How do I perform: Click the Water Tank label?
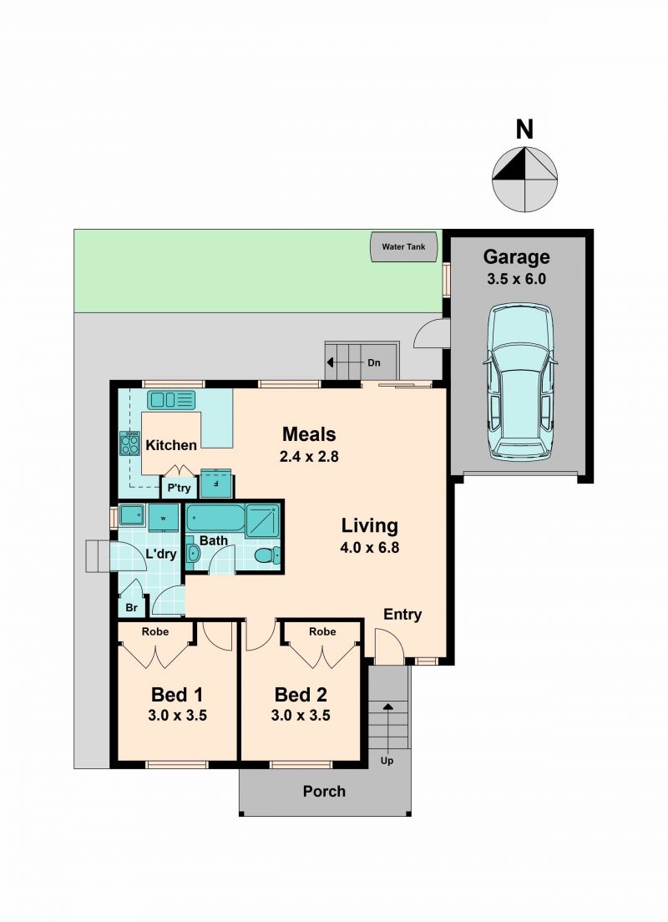pyautogui.click(x=403, y=247)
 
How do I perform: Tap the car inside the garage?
pyautogui.click(x=520, y=382)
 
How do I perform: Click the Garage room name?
pyautogui.click(x=516, y=257)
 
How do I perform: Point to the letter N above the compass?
pyautogui.click(x=524, y=129)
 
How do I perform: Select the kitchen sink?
pyautogui.click(x=170, y=400)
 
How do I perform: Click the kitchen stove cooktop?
pyautogui.click(x=129, y=443)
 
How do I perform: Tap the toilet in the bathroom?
pyautogui.click(x=268, y=555)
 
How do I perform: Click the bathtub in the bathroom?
pyautogui.click(x=215, y=518)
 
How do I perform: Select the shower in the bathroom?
pyautogui.click(x=262, y=519)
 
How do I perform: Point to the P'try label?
pyautogui.click(x=179, y=488)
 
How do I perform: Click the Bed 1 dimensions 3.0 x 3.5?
pyautogui.click(x=177, y=716)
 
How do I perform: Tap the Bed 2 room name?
pyautogui.click(x=301, y=695)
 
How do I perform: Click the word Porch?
pyautogui.click(x=324, y=792)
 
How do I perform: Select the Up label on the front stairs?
pyautogui.click(x=387, y=761)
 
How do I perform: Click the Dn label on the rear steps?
pyautogui.click(x=374, y=362)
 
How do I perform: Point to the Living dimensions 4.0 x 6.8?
pyautogui.click(x=369, y=548)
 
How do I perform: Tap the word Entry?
pyautogui.click(x=402, y=615)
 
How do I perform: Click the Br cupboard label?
pyautogui.click(x=131, y=607)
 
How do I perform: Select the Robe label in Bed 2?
pyautogui.click(x=322, y=631)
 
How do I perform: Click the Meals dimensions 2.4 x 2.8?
pyautogui.click(x=309, y=456)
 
